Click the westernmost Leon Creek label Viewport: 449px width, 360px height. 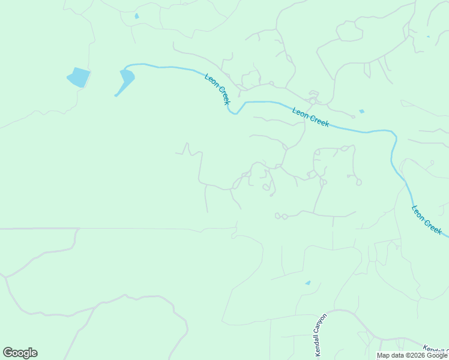tap(217, 89)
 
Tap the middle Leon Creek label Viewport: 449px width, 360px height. tap(310, 116)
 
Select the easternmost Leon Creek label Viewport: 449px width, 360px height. tap(427, 220)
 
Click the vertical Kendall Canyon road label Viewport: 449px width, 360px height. tap(320, 333)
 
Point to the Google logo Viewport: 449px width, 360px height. tap(20, 353)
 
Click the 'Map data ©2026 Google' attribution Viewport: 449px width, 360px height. tap(412, 355)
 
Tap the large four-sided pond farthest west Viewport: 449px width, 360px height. tap(79, 77)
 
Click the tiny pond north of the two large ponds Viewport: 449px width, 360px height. tap(137, 16)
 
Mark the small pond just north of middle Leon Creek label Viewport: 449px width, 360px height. tap(361, 112)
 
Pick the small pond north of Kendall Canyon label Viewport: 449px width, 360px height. tap(308, 283)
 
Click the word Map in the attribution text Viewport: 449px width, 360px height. tap(383, 355)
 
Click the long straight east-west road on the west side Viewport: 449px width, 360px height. tap(120, 228)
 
